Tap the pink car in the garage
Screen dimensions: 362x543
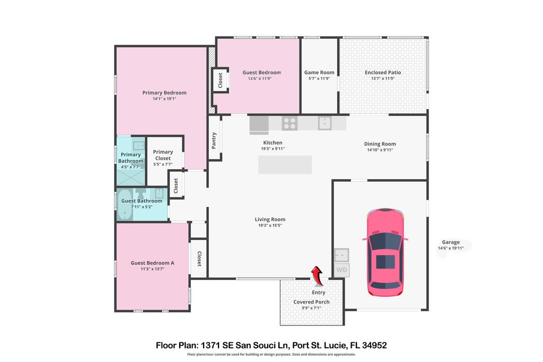[x=385, y=252]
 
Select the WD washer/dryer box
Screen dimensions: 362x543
[x=341, y=270]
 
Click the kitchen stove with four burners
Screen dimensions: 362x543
[x=290, y=123]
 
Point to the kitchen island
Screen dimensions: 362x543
[x=285, y=165]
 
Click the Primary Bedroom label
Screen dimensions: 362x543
[x=164, y=93]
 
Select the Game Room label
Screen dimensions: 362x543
[x=319, y=73]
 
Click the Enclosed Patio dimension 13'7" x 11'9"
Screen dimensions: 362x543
[x=383, y=78]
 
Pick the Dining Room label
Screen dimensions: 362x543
[x=380, y=144]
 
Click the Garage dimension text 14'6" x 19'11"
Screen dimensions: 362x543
[x=451, y=248]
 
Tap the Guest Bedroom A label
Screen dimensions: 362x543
[x=153, y=263]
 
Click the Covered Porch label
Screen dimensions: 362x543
[x=312, y=302]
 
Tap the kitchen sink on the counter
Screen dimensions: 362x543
[x=325, y=123]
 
